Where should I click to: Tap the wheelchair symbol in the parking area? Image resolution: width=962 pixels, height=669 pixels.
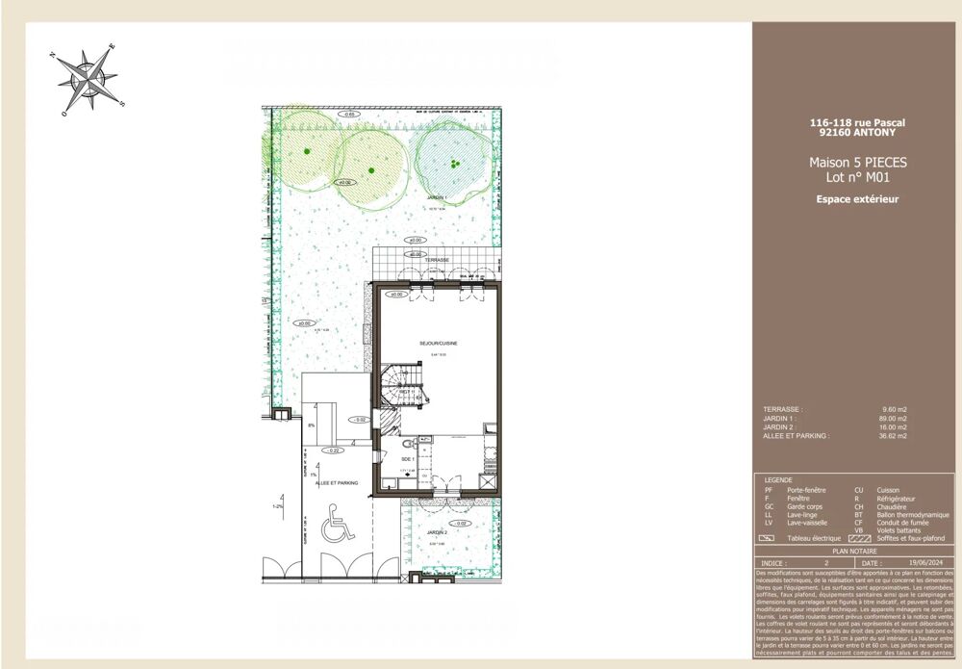pyautogui.click(x=335, y=528)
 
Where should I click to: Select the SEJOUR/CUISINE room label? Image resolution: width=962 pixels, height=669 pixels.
pyautogui.click(x=438, y=344)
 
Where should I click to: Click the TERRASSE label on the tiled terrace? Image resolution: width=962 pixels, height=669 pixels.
pyautogui.click(x=415, y=260)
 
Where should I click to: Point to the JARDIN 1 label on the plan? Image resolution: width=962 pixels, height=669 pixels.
pyautogui.click(x=438, y=196)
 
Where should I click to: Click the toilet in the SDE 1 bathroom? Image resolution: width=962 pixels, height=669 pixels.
pyautogui.click(x=410, y=444)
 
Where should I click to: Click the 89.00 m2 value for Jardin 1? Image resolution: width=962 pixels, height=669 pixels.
pyautogui.click(x=894, y=419)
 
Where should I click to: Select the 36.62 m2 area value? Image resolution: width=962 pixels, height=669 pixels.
pyautogui.click(x=894, y=436)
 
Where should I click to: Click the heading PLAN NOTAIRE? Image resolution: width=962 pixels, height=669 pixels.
pyautogui.click(x=848, y=553)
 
